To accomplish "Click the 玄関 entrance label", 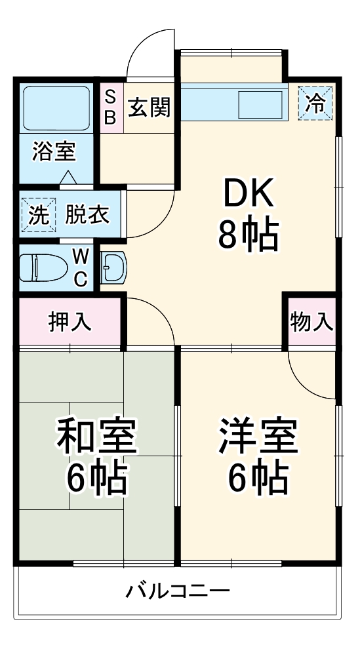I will [150, 107].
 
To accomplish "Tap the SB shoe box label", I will [111, 107].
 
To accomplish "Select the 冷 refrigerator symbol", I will [317, 104].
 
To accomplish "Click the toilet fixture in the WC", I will [40, 267].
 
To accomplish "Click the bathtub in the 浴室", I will [56, 108].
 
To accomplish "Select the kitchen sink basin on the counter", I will [260, 104].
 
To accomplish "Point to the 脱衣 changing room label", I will [87, 215].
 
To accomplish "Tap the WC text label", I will [80, 267].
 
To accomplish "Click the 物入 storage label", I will [312, 322].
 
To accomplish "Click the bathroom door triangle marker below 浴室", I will [68, 178].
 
